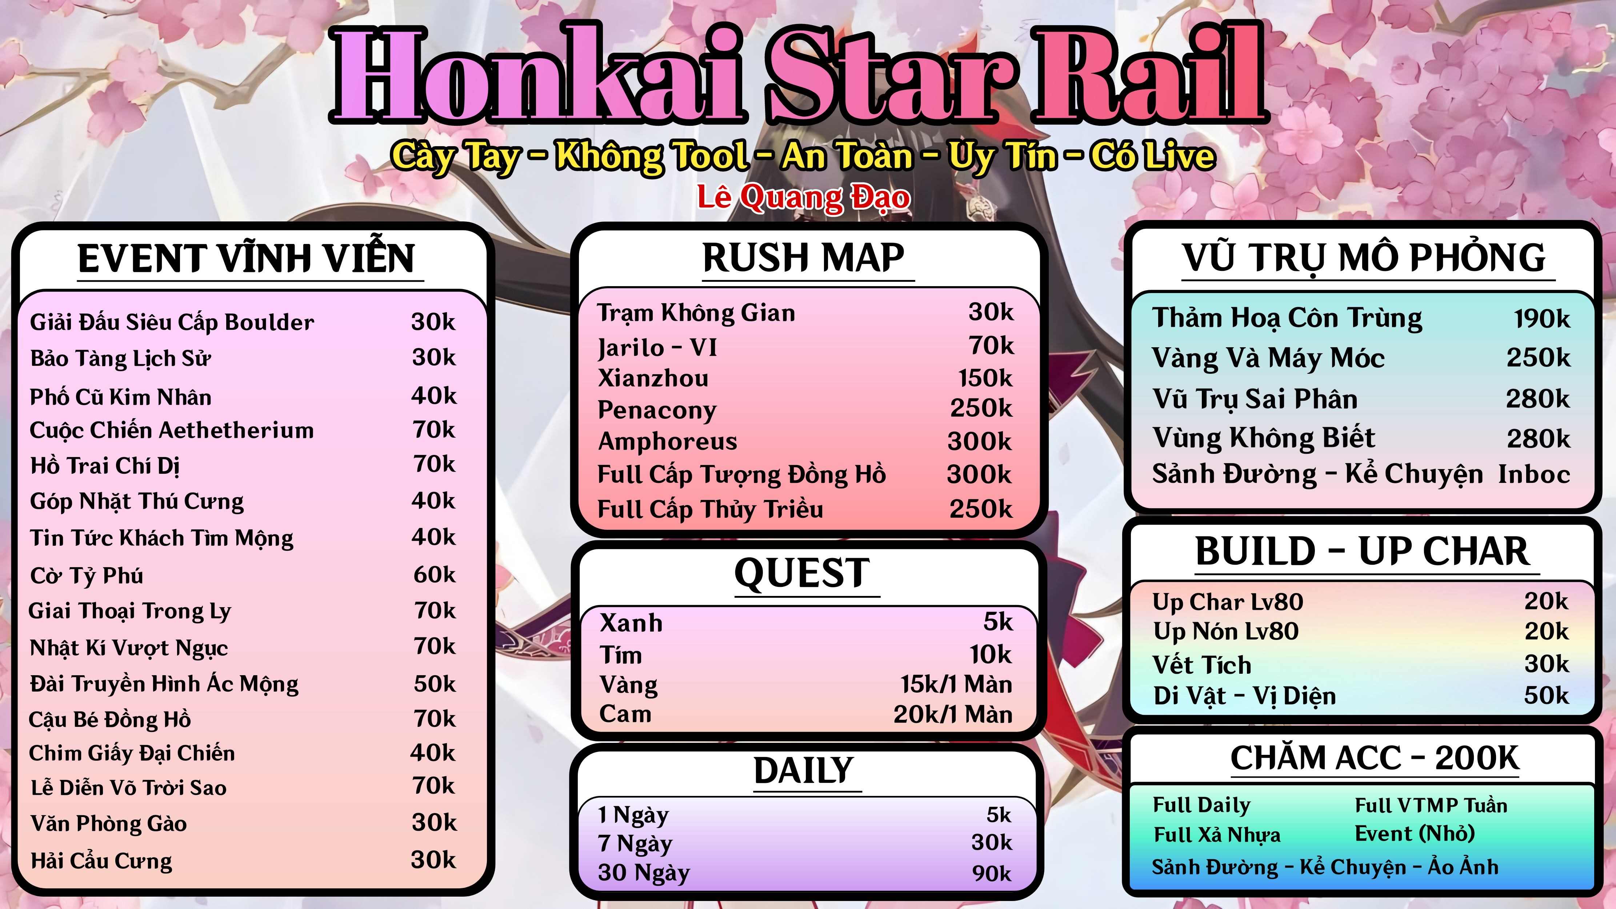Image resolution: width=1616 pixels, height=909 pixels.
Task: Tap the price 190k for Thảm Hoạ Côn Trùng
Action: [x=1542, y=319]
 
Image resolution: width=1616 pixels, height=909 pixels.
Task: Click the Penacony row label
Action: [x=657, y=410]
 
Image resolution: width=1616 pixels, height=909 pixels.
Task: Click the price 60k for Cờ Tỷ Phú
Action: [x=434, y=574]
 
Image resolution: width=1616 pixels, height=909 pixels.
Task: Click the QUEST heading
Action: [x=802, y=573]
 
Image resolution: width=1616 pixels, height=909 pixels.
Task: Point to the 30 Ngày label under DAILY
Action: [x=644, y=873]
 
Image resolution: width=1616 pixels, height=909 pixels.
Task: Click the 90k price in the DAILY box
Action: [x=991, y=873]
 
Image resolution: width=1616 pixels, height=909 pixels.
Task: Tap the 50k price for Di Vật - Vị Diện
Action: [x=1547, y=695]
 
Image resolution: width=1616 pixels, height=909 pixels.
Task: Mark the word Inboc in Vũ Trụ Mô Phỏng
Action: [x=1534, y=474]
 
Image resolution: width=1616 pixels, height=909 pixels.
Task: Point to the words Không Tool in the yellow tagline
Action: [x=652, y=156]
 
